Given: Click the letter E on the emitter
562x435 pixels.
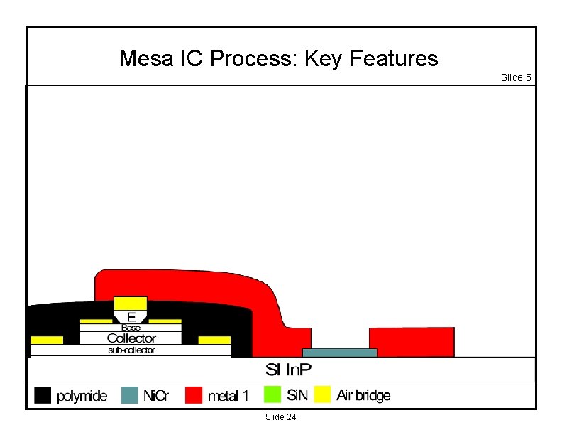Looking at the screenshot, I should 131,316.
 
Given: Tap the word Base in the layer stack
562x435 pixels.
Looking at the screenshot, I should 131,328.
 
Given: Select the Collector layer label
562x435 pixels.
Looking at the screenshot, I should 131,338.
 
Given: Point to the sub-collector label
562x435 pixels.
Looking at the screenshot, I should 131,350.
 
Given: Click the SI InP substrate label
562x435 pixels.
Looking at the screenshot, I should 288,370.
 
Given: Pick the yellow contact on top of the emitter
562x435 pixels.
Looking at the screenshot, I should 131,304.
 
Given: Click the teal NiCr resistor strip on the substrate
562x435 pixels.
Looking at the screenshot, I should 339,353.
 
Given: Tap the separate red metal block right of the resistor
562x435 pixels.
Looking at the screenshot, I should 412,342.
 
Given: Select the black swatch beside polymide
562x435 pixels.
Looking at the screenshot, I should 43,395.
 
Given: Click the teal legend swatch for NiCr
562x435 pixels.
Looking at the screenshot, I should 129,395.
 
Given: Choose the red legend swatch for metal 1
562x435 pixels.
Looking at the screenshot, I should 193,395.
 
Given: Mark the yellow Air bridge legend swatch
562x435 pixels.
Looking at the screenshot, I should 323,394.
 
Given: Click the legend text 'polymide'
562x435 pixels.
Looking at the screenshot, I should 82,396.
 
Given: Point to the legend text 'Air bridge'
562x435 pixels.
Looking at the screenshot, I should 363,395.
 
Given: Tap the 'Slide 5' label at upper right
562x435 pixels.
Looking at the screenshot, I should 516,77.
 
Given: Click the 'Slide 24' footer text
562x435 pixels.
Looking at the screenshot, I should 281,417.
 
